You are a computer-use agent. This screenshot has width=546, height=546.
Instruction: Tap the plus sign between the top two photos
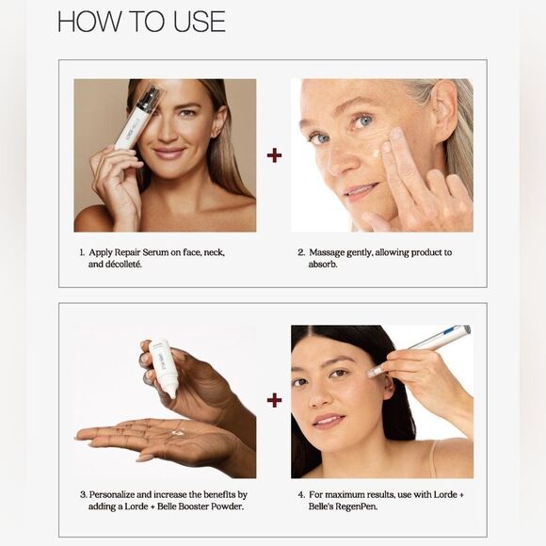pyautogui.click(x=274, y=154)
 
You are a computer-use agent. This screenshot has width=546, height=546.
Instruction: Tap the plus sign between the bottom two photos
pyautogui.click(x=274, y=400)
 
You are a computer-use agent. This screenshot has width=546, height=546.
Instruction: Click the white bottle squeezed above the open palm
pyautogui.click(x=165, y=367)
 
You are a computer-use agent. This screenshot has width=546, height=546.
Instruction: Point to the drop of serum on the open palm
pyautogui.click(x=177, y=432)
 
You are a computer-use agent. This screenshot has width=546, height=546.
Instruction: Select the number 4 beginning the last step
pyautogui.click(x=301, y=493)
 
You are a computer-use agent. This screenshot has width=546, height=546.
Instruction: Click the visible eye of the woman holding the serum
pyautogui.click(x=184, y=112)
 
